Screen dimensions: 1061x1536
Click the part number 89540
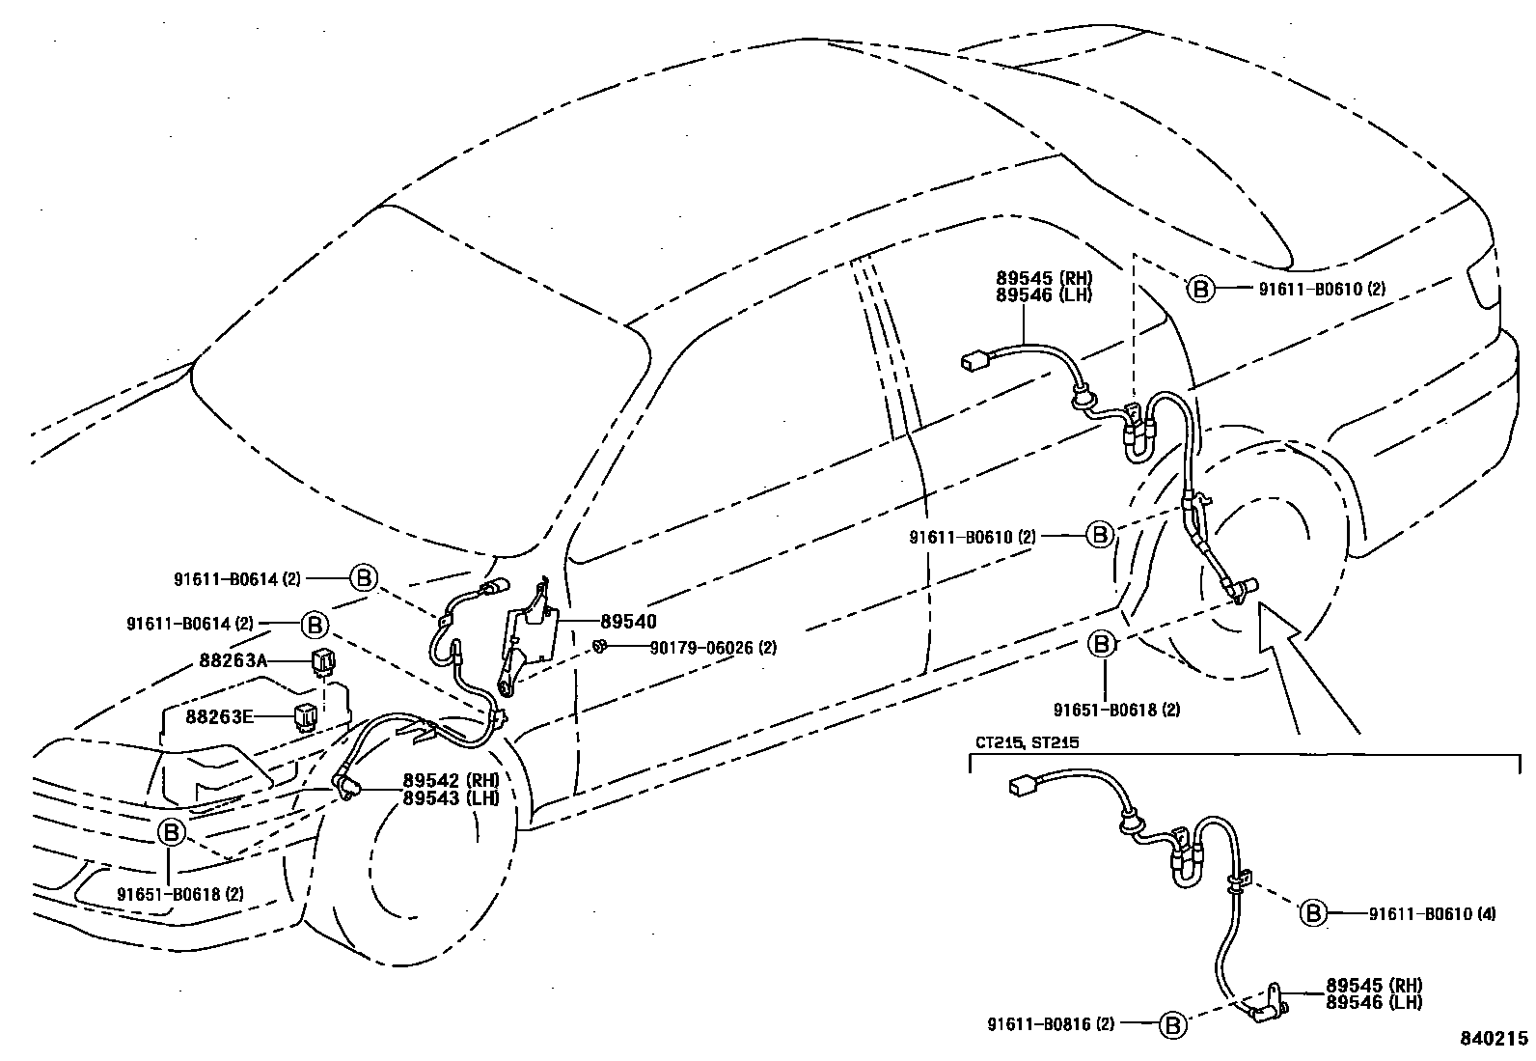pyautogui.click(x=627, y=622)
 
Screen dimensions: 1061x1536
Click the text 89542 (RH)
pyautogui.click(x=450, y=780)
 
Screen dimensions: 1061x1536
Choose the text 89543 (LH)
pyautogui.click(x=450, y=797)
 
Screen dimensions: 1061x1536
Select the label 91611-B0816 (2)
pyautogui.click(x=1051, y=1023)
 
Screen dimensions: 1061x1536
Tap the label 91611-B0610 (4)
pyautogui.click(x=1432, y=912)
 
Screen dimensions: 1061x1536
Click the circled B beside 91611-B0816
pyautogui.click(x=1172, y=1024)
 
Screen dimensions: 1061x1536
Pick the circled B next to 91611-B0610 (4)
pyautogui.click(x=1313, y=912)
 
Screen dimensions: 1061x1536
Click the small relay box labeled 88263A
pyautogui.click(x=321, y=661)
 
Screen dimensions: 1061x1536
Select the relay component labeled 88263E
pyautogui.click(x=306, y=716)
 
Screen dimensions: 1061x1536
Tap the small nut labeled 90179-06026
pyautogui.click(x=599, y=645)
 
